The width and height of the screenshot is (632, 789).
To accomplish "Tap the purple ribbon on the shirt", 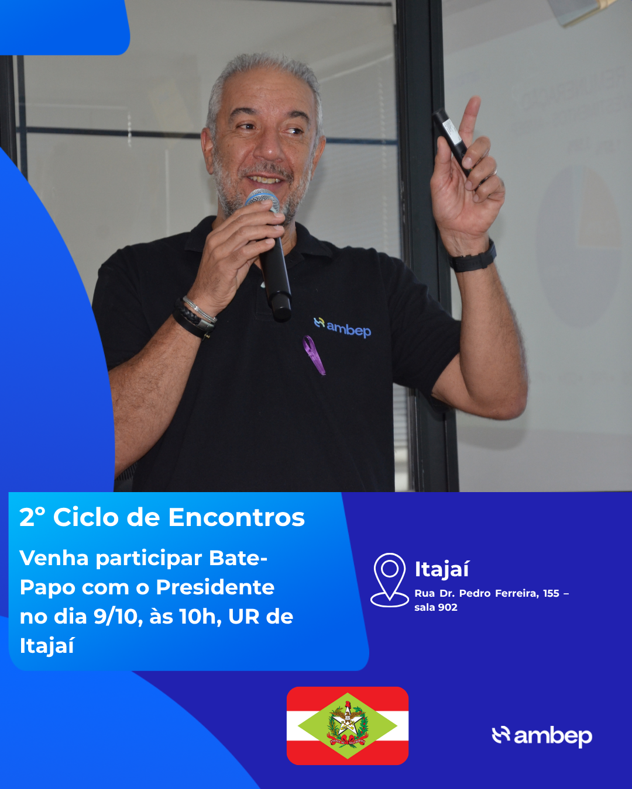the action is (x=314, y=355).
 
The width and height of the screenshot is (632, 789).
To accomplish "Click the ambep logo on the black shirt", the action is (x=342, y=327).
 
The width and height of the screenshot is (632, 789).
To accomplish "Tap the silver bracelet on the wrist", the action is (x=200, y=310).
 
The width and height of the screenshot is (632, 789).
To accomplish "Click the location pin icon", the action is (x=389, y=580).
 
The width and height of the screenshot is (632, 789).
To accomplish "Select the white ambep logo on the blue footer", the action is (x=542, y=736).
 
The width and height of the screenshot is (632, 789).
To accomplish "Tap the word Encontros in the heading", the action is (x=236, y=517).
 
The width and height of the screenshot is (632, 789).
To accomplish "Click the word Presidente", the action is (x=215, y=587).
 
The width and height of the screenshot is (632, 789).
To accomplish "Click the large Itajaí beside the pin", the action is (x=442, y=570).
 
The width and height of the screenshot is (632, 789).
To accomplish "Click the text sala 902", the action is (x=436, y=607).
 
